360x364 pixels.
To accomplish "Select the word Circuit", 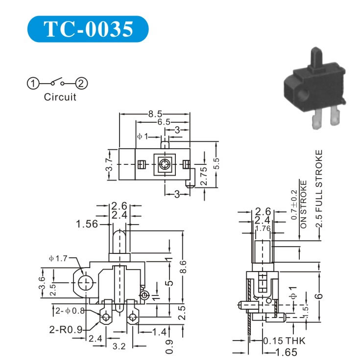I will pos(60,97).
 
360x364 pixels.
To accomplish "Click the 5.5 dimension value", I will pos(216,164).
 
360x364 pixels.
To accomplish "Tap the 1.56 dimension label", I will pos(87,224).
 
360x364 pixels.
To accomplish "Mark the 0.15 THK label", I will pos(284,341).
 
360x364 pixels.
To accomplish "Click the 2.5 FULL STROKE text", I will pos(319,189).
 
